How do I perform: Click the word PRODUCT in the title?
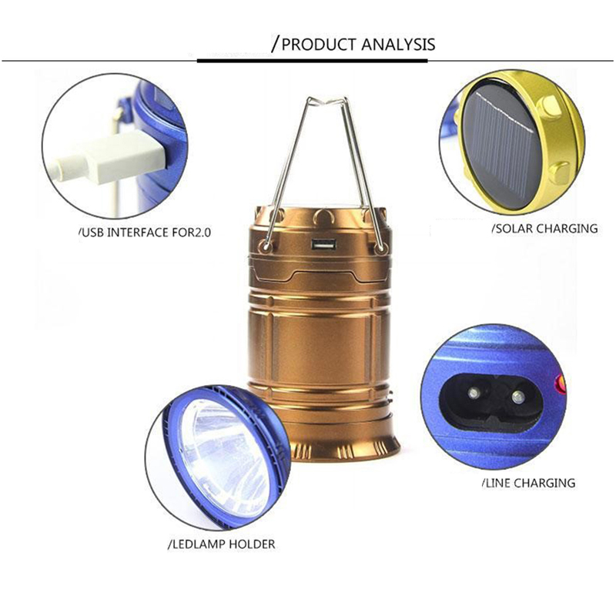click(x=319, y=45)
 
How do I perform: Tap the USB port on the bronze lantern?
click(x=324, y=245)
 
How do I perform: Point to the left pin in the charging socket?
click(x=474, y=393)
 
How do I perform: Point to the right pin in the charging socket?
click(x=518, y=397)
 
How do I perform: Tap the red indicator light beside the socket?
click(x=560, y=382)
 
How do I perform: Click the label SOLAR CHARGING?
click(x=545, y=228)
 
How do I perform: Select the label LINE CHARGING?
click(x=528, y=483)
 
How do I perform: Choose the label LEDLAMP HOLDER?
click(x=222, y=544)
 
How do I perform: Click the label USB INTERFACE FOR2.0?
click(x=145, y=233)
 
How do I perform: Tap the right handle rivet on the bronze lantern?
click(x=380, y=248)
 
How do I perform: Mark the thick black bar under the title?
click(x=312, y=61)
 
